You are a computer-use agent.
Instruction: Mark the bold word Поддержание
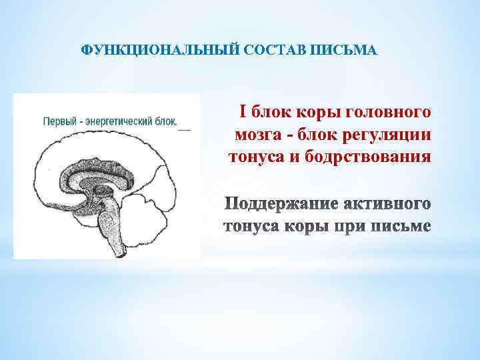pyautogui.click(x=279, y=203)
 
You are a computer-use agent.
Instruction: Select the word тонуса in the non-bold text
pyautogui.click(x=251, y=157)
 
